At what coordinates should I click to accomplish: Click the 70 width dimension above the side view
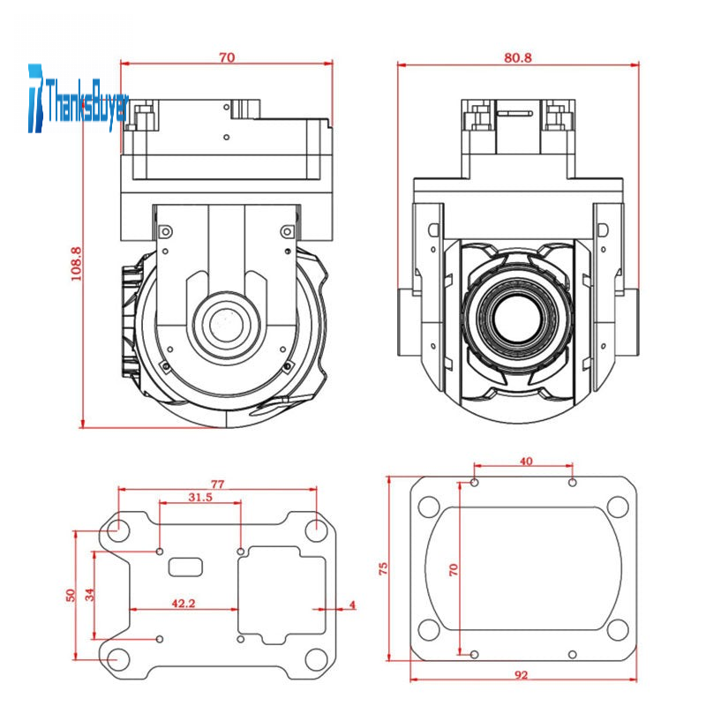227,57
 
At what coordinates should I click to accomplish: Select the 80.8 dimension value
517,57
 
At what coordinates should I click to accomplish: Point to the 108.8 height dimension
76,263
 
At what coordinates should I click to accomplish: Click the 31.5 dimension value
200,498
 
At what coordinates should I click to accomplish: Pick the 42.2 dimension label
184,604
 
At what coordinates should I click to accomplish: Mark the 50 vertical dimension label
71,596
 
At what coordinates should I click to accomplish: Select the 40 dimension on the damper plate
525,461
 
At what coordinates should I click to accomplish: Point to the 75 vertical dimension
383,568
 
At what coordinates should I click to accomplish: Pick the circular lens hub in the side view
227,323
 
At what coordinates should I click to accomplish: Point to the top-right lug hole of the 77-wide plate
316,530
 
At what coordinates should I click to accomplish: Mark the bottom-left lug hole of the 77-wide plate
115,658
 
